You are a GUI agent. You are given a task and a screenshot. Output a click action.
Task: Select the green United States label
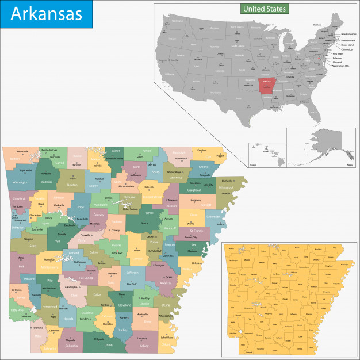(x=264, y=9)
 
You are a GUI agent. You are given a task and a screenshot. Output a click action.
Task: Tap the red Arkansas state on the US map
(x=267, y=85)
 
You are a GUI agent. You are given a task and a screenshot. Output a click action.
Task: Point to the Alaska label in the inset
(x=350, y=164)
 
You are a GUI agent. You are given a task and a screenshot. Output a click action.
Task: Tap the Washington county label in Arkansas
(x=20, y=182)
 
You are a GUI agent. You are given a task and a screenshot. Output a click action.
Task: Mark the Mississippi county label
(x=226, y=187)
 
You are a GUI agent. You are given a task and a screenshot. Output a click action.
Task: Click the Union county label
(x=108, y=345)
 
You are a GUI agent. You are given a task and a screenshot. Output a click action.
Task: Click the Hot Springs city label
(x=80, y=262)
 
